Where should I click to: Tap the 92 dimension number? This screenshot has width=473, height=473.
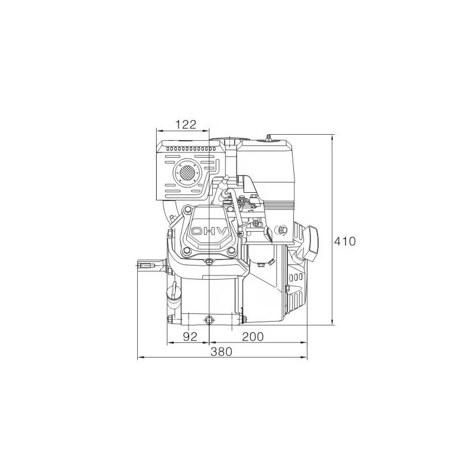[189, 337]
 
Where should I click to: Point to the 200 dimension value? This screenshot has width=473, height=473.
[253, 337]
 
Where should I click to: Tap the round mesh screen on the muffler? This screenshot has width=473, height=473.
[187, 173]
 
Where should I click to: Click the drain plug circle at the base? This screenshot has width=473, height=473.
[208, 320]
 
